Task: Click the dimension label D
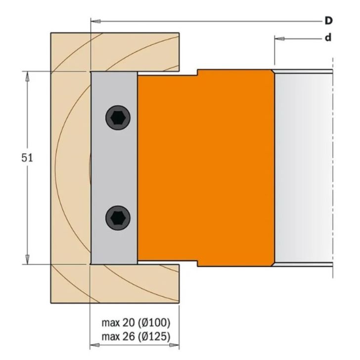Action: (328, 21)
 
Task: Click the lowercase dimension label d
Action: (328, 38)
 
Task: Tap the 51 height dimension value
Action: (16, 160)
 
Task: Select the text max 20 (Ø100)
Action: (136, 323)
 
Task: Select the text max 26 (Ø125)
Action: (136, 337)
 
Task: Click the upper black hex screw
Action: (118, 118)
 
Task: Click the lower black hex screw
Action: (118, 217)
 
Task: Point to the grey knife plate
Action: (114, 168)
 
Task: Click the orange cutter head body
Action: (208, 168)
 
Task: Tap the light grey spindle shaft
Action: (302, 168)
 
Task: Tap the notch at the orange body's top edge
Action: (197, 72)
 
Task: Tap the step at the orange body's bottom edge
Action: (197, 263)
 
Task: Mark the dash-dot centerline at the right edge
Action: (333, 168)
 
